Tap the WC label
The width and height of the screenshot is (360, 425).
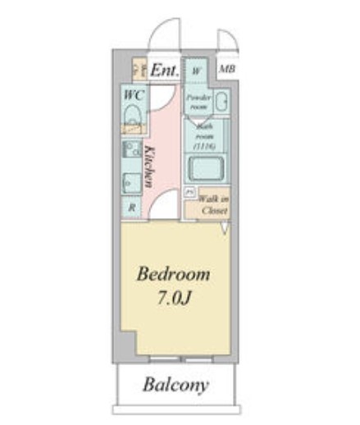click(x=134, y=95)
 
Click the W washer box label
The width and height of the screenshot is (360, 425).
click(x=197, y=71)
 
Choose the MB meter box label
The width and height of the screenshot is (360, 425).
click(x=226, y=70)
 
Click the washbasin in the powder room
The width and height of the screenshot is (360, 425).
click(x=221, y=103)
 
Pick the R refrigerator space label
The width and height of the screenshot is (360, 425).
click(x=131, y=208)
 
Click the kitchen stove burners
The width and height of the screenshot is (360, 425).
click(x=131, y=151)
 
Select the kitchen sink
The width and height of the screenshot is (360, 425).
click(x=131, y=182)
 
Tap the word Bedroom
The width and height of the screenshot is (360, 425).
click(x=173, y=273)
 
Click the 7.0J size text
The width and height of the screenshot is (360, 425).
click(x=174, y=297)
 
